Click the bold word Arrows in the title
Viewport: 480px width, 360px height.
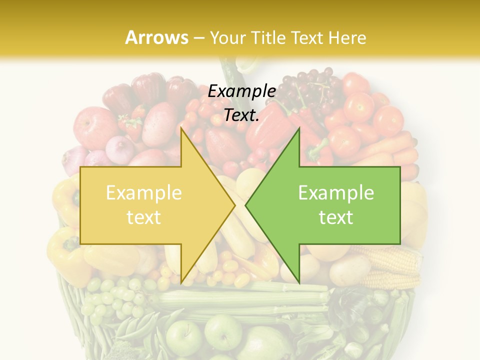pos(156,37)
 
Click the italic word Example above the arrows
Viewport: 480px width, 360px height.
pos(241,91)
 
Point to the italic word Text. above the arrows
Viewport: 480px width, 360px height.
pos(241,115)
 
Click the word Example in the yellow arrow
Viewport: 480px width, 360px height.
pos(143,193)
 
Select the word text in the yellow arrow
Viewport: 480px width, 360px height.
pos(143,217)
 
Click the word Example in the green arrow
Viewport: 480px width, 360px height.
pos(336,193)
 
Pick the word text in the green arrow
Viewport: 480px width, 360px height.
pos(336,217)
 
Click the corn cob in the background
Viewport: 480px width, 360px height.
pos(395,260)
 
